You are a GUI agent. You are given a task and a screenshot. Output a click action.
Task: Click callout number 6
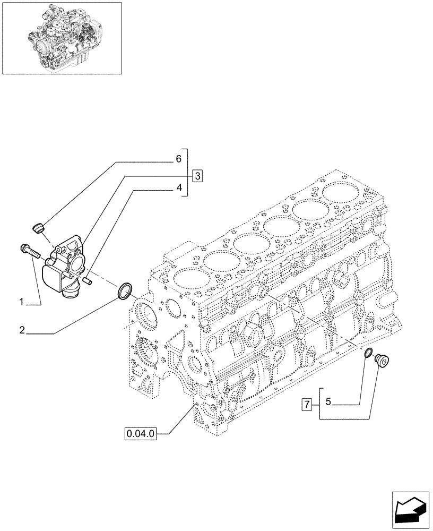pyautogui.click(x=179, y=159)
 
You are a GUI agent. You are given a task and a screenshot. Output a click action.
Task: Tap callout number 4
pyautogui.click(x=179, y=187)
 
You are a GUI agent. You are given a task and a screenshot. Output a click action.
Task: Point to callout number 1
pyautogui.click(x=22, y=302)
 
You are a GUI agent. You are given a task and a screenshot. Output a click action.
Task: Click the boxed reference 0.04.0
pyautogui.click(x=141, y=434)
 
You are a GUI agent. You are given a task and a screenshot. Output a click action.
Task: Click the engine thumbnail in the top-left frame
pyautogui.click(x=62, y=38)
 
